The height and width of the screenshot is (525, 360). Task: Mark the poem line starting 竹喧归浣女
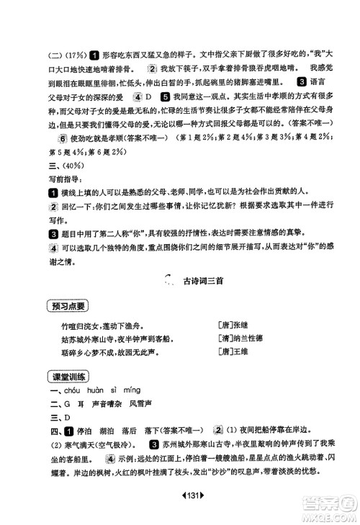tap(102, 325)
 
